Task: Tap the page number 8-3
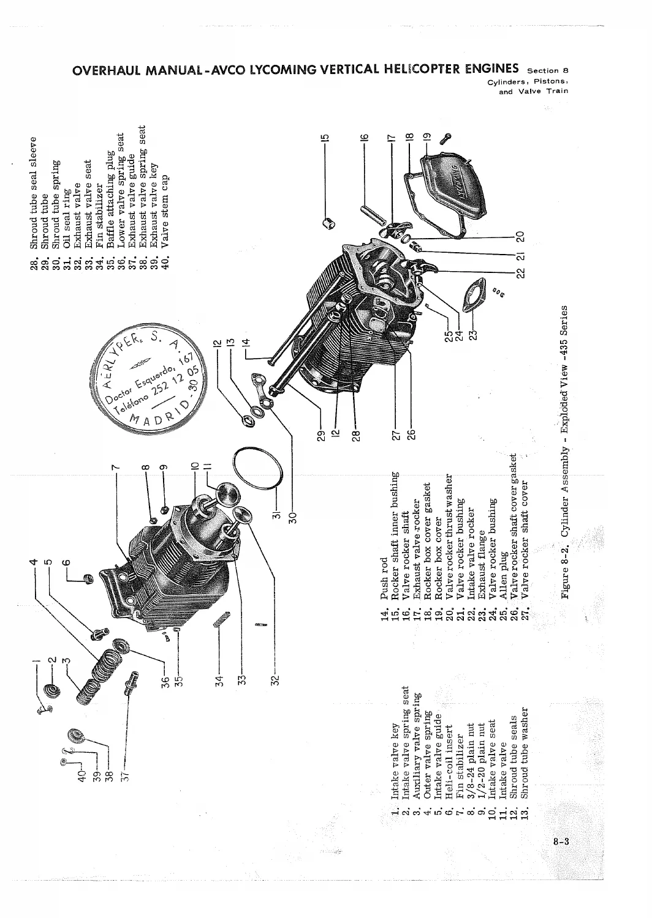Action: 561,841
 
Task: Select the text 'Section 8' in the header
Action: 548,70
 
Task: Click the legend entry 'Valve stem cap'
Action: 165,212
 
